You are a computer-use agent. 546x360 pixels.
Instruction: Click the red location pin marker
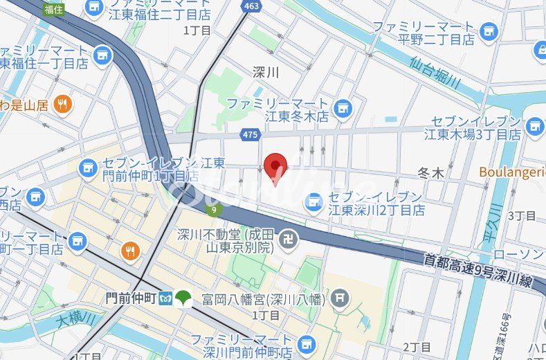pyautogui.click(x=276, y=166)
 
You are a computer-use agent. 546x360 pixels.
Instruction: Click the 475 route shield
pyautogui.click(x=251, y=133)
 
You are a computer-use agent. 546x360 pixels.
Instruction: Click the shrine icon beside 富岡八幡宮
pyautogui.click(x=339, y=298)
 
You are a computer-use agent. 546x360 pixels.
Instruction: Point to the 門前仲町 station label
pyautogui.click(x=131, y=298)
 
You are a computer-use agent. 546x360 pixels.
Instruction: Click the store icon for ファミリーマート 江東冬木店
pyautogui.click(x=342, y=108)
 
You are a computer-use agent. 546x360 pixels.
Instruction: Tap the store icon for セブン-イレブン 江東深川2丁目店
pyautogui.click(x=314, y=201)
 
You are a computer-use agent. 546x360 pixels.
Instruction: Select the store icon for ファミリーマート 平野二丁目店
pyautogui.click(x=489, y=30)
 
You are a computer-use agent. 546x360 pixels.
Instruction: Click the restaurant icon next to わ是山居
pyautogui.click(x=63, y=105)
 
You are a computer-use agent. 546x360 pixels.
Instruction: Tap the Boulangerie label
pyautogui.click(x=512, y=172)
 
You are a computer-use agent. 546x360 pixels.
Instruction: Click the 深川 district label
pyautogui.click(x=266, y=72)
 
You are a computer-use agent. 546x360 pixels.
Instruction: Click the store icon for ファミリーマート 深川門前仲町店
pyautogui.click(x=304, y=344)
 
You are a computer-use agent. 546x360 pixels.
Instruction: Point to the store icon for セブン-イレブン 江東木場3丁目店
pyautogui.click(x=534, y=126)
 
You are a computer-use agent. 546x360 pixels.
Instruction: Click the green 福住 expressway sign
pyautogui.click(x=53, y=8)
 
